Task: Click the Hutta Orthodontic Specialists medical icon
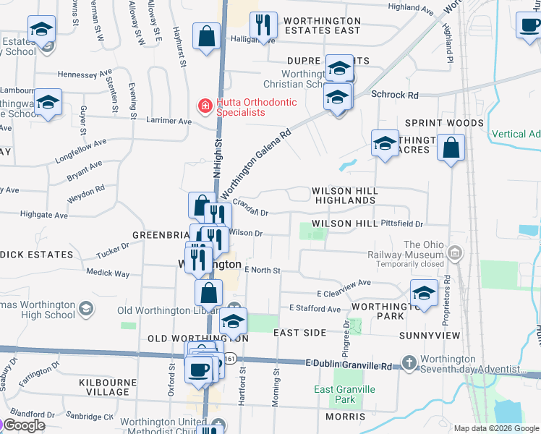coord(205,106)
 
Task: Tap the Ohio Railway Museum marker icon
coord(454,252)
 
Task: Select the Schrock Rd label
coord(395,95)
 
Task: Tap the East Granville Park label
coord(345,394)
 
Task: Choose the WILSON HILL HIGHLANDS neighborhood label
coord(344,195)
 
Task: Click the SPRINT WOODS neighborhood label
coord(444,123)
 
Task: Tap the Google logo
coord(23,425)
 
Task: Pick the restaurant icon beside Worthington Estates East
coord(263,26)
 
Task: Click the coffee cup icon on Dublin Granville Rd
coord(198,370)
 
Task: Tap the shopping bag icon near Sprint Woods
coord(451,149)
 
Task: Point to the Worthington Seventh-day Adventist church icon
coord(409,362)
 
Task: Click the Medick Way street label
coord(108,273)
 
